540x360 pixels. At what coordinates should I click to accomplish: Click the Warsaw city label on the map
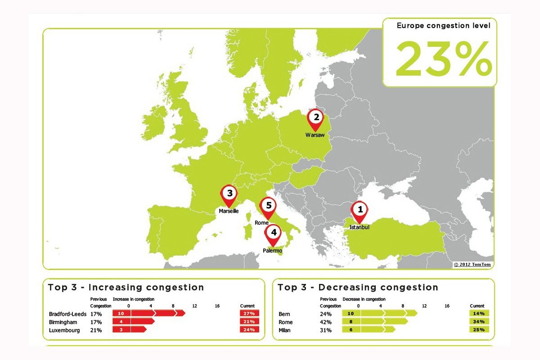pos(315,135)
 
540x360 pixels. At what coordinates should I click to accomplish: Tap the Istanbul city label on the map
pos(359,227)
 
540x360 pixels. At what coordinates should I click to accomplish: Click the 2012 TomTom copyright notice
pos(472,265)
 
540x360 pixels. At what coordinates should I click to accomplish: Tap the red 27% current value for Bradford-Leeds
pos(250,313)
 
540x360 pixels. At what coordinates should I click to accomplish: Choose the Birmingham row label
pos(63,322)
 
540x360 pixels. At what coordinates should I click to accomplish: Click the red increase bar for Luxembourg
pos(130,330)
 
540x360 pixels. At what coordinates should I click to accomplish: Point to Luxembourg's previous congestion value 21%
pos(96,330)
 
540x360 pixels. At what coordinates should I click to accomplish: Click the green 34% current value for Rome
pos(479,322)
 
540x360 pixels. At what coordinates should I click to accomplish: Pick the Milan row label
pos(285,330)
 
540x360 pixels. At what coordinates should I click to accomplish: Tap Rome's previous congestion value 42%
pos(325,322)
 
